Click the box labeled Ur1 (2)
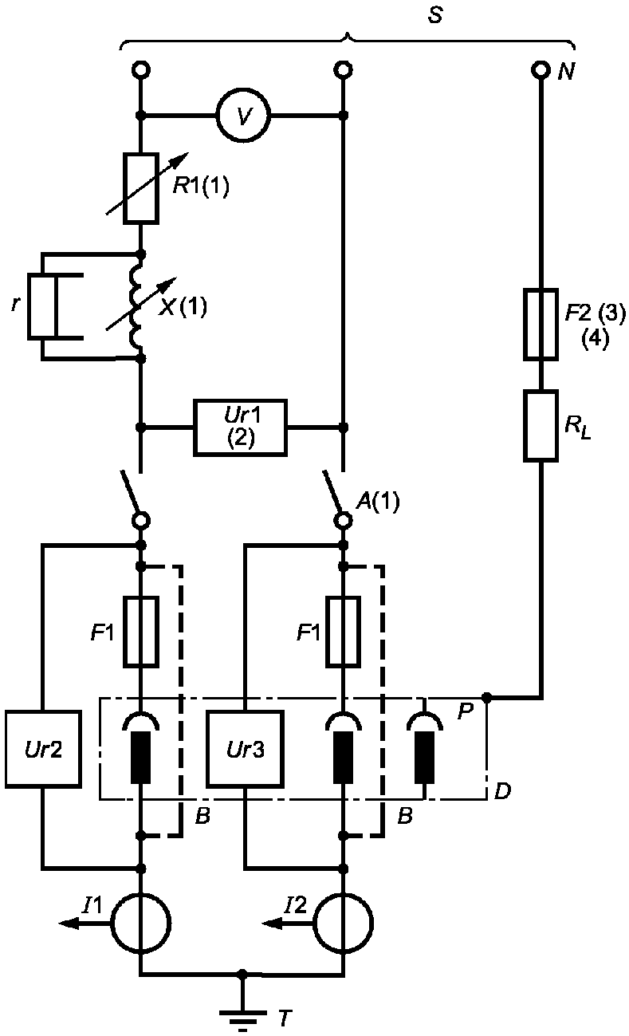tap(240, 427)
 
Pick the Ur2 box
tap(43, 749)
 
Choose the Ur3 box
tap(245, 749)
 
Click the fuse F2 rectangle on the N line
tap(541, 325)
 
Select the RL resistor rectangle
tap(541, 426)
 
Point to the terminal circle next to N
tap(540, 70)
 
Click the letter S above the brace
tap(435, 15)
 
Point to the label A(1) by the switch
tap(377, 501)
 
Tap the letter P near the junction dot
tap(466, 711)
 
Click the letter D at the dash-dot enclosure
tap(503, 791)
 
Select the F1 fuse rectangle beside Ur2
tap(141, 632)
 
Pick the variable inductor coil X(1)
tap(137, 306)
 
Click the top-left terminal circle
tap(141, 70)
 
